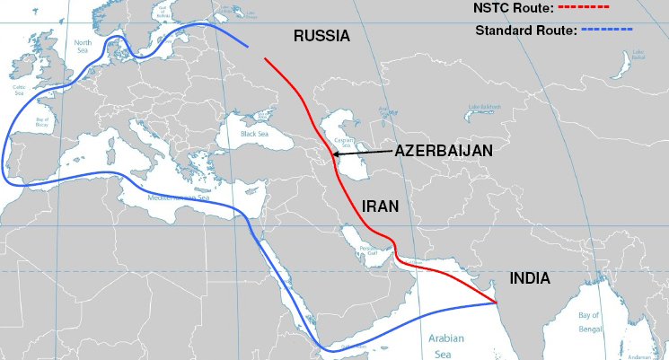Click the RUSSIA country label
coord(322,36)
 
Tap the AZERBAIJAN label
coord(444,152)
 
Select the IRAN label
coord(380,206)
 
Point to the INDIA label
coord(529,278)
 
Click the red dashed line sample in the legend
coord(584,7)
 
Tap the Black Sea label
coord(249,134)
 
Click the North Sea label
coord(84,45)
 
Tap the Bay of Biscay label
coord(40,121)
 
